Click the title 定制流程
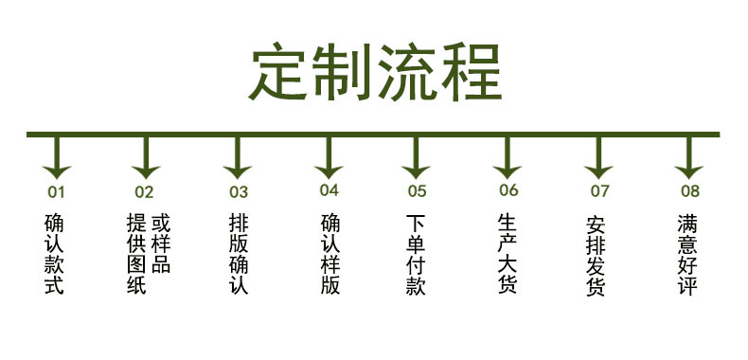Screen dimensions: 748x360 click(374, 71)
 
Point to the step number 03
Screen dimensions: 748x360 click(238, 192)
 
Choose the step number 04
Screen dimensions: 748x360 click(329, 190)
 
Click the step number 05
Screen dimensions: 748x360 click(418, 190)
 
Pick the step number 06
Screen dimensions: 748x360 click(508, 190)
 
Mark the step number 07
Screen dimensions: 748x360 click(599, 190)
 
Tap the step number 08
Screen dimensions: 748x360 click(690, 190)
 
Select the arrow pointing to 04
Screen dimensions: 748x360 click(328, 159)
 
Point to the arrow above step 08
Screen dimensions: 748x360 click(689, 159)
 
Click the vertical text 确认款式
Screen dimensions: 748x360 click(55, 254)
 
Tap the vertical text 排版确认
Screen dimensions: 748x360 click(238, 254)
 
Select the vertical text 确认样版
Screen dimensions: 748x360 click(329, 254)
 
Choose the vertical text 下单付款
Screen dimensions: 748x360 click(416, 254)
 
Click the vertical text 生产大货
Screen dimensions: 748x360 click(508, 254)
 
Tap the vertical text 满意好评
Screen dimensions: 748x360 click(687, 254)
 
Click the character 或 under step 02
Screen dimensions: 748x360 click(160, 225)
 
